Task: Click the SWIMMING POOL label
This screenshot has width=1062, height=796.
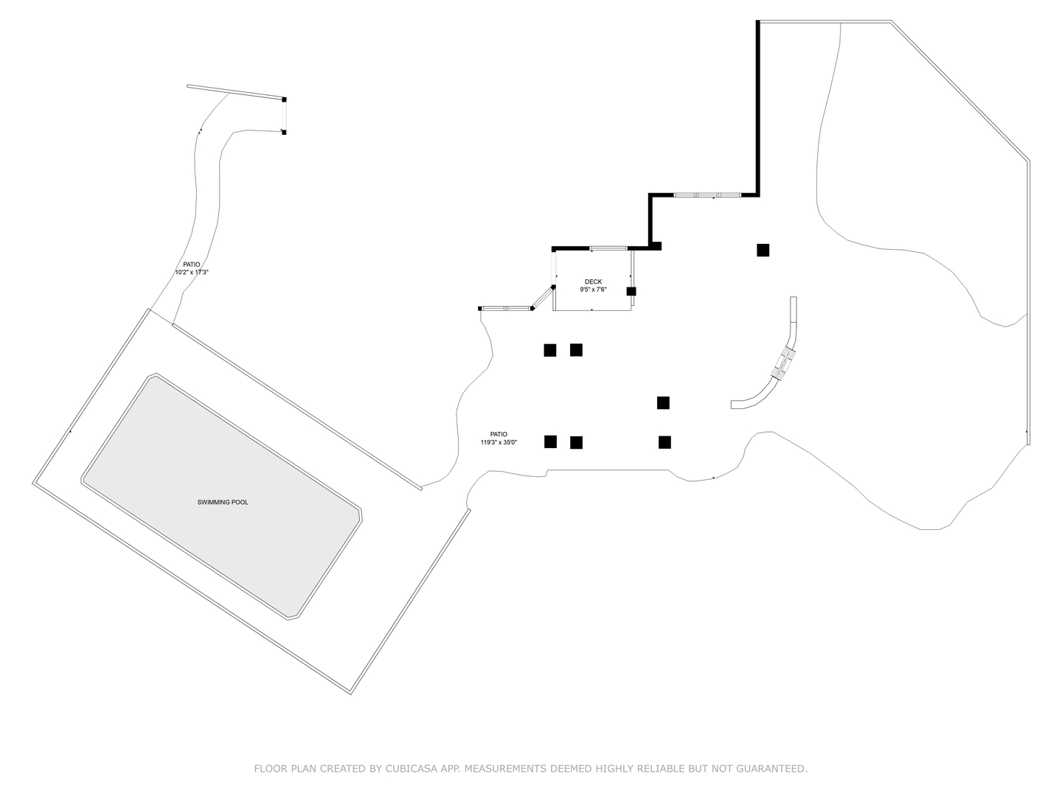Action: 223,502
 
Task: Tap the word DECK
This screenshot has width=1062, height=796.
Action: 593,282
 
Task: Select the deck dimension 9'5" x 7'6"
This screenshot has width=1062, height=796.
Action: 593,290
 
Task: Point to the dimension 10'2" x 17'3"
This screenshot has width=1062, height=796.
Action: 192,272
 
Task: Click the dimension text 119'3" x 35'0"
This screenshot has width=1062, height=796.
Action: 499,442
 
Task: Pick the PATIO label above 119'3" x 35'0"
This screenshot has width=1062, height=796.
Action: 499,434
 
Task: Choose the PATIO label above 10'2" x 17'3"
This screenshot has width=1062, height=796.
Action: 192,264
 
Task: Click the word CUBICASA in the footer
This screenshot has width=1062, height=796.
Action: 412,769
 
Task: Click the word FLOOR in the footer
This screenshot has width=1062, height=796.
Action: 271,769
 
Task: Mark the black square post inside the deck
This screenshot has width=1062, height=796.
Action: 631,291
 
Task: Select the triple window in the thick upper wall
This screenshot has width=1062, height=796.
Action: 707,195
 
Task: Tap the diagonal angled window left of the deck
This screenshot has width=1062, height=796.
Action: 543,297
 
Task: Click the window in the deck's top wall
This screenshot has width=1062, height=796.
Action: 608,248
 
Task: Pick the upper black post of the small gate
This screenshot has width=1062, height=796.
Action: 284,99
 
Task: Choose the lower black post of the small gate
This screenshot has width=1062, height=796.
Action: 284,132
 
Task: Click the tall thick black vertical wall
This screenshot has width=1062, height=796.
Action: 757,107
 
